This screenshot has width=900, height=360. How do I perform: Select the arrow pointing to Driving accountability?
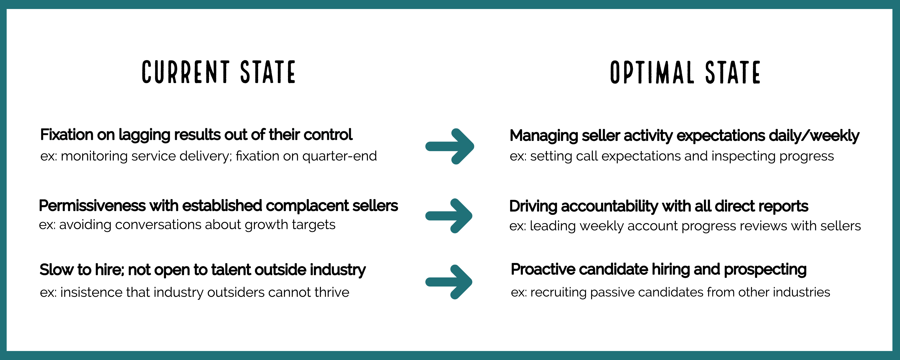pos(449,216)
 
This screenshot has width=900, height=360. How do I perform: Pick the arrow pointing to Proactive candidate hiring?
pos(449,282)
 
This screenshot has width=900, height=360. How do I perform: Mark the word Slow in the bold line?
pos(56,270)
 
